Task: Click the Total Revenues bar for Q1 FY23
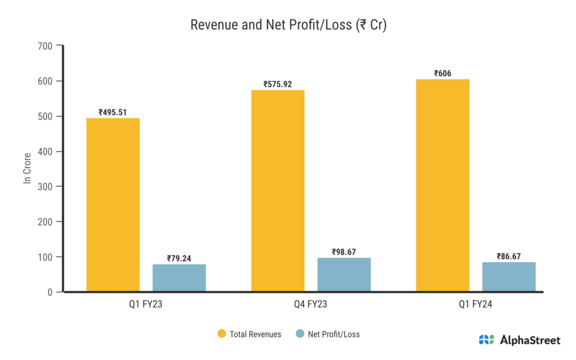[112, 205]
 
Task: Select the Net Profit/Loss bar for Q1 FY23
[179, 278]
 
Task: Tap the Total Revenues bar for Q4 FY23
[278, 191]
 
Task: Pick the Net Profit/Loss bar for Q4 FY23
[344, 274]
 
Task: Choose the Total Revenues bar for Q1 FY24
[443, 186]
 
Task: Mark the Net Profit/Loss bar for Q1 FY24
[508, 277]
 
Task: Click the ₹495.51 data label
[112, 112]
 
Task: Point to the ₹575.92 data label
[278, 84]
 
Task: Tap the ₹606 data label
[443, 73]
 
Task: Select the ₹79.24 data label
[179, 258]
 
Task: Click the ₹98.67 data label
[344, 251]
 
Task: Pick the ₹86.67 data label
[508, 256]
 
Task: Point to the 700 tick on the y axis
[46, 46]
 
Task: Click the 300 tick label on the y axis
[46, 187]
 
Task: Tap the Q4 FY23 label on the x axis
[310, 305]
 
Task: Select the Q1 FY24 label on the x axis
[475, 305]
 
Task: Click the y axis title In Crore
[26, 169]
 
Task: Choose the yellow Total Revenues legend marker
[222, 334]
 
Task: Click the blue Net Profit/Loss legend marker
[300, 334]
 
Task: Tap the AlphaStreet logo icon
[486, 340]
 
